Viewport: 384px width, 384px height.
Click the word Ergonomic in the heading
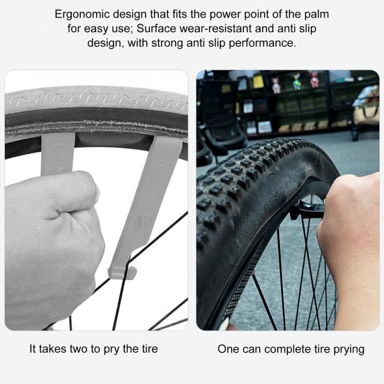click(82, 15)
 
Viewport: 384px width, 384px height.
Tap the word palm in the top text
click(316, 14)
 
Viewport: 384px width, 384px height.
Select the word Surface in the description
click(156, 29)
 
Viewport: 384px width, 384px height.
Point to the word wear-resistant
click(215, 29)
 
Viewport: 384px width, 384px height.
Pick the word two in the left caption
click(79, 348)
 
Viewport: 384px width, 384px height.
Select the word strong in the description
click(167, 43)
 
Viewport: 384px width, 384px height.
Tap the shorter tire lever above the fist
click(58, 153)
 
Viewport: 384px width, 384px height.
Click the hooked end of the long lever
click(123, 273)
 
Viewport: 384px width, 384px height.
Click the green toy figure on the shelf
click(297, 82)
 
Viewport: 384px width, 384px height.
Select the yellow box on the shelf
click(258, 82)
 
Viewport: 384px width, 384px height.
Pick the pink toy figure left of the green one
click(276, 86)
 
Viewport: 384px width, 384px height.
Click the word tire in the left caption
click(150, 348)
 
